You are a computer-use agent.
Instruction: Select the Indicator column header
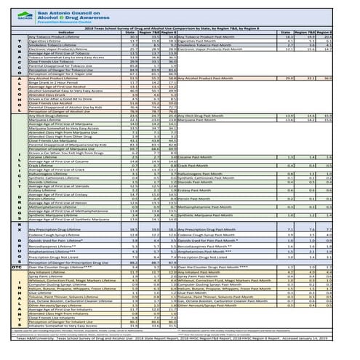point(69,33)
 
